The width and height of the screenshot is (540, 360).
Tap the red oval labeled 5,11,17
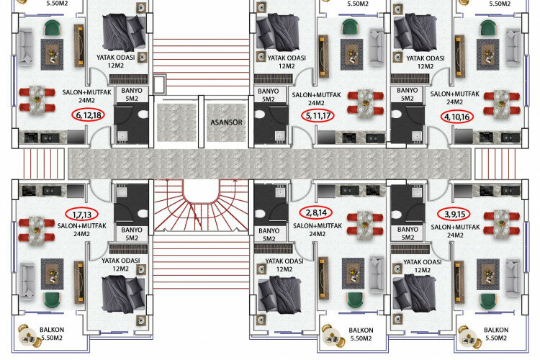pos(319,115)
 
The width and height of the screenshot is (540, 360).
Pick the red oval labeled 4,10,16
pos(457,115)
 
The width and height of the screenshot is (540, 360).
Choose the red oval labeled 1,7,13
pos(82,214)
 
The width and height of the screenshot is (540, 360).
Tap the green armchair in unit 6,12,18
pos(52,28)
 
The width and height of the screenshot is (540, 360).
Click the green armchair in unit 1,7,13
pos(52,299)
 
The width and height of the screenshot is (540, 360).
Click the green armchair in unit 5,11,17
pos(350,27)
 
